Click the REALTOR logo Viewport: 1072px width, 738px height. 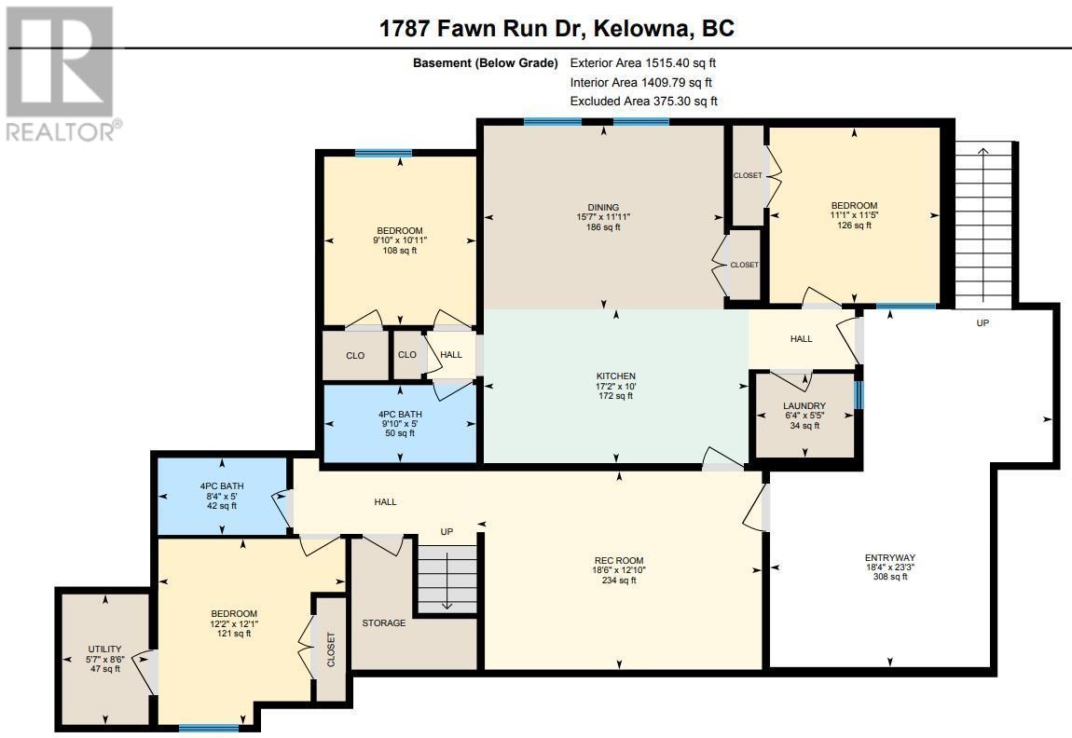point(61,73)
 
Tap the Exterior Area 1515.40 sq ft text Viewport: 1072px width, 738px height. point(642,62)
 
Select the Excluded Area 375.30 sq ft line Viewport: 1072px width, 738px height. point(644,102)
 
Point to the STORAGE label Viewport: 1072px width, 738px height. point(383,623)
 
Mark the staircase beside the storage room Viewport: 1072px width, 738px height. point(447,578)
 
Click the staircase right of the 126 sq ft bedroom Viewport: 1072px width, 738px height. point(983,225)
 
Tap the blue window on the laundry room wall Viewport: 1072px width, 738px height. point(859,395)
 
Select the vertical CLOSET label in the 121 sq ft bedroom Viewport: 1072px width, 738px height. point(331,649)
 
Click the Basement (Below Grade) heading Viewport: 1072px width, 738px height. point(486,62)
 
